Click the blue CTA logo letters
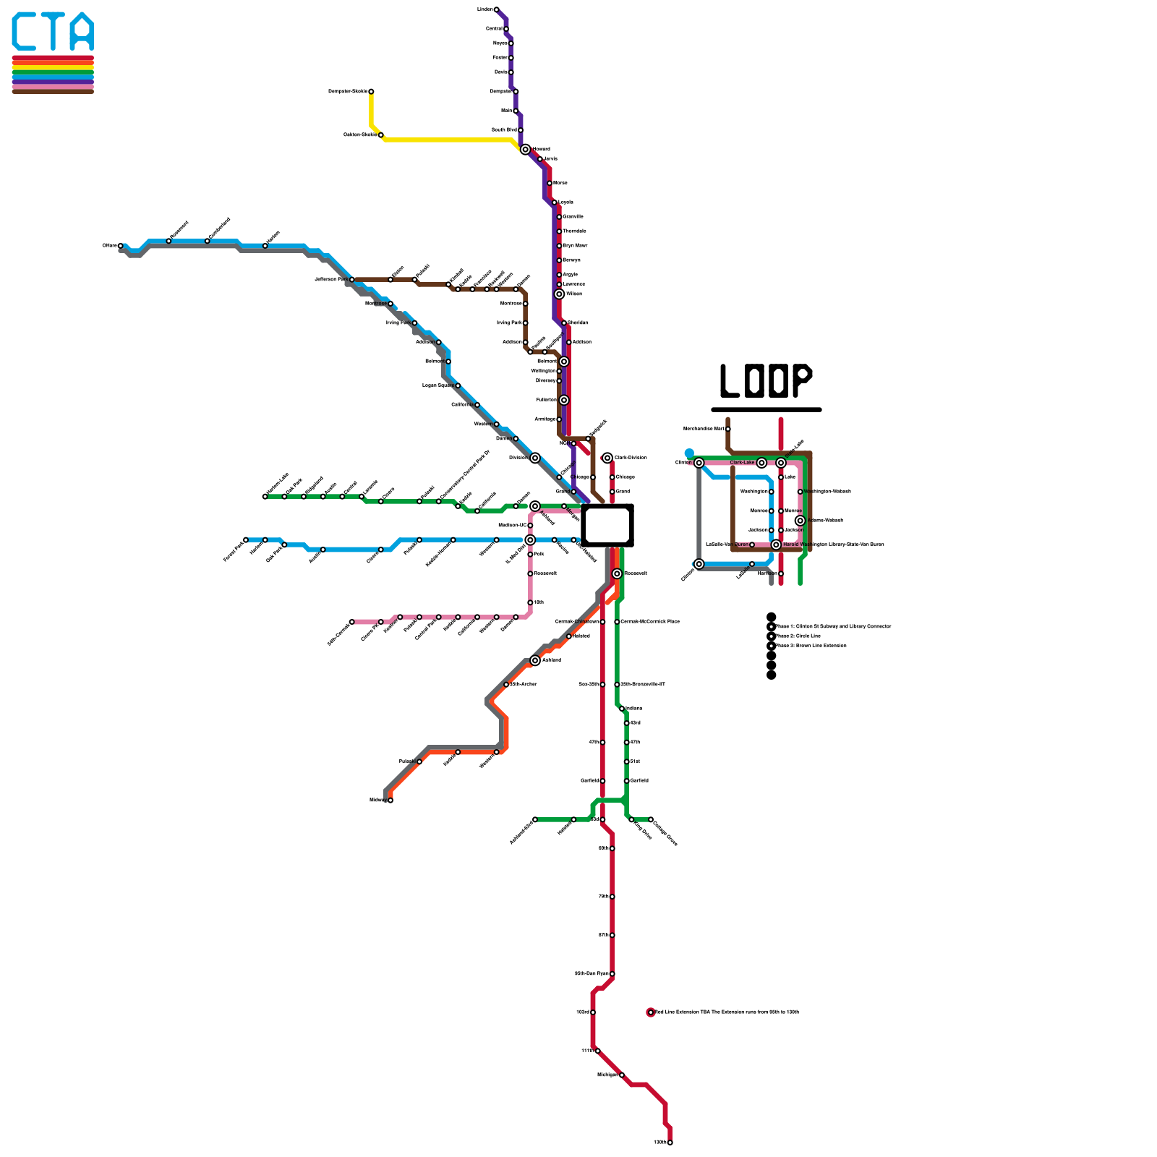click(x=53, y=32)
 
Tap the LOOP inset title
click(x=766, y=381)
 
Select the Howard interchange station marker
click(x=526, y=150)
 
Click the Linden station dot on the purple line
click(x=496, y=9)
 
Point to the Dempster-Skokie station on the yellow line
click(x=371, y=92)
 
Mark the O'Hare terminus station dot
click(x=121, y=246)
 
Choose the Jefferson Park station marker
click(x=352, y=279)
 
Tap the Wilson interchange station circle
click(x=559, y=294)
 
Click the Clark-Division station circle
click(x=607, y=458)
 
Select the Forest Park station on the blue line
click(x=246, y=539)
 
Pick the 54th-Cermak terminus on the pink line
click(x=352, y=622)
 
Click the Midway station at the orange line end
click(x=390, y=800)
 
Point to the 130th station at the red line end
click(x=670, y=1143)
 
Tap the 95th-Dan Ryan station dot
click(x=612, y=974)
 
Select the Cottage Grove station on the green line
click(x=651, y=819)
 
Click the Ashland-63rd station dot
click(x=535, y=819)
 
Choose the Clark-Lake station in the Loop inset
click(x=761, y=463)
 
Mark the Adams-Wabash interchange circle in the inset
click(x=800, y=521)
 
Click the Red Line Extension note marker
click(x=651, y=1012)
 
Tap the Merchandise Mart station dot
click(x=728, y=429)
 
